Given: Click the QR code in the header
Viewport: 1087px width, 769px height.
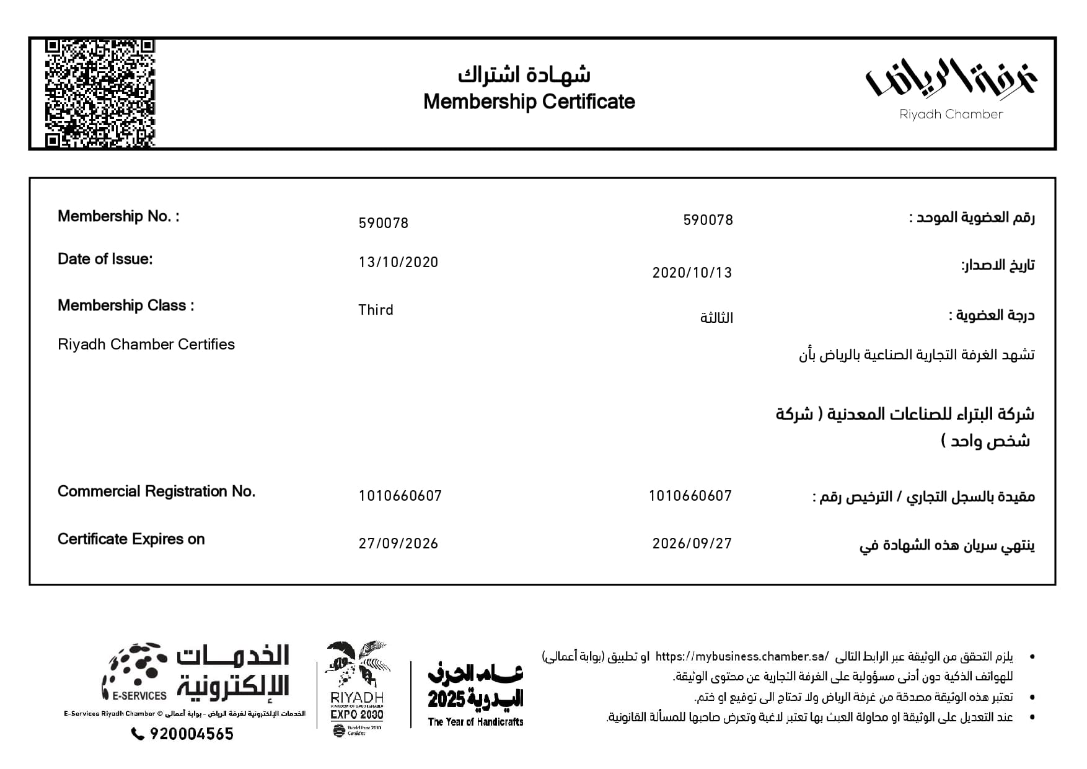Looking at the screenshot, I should (100, 93).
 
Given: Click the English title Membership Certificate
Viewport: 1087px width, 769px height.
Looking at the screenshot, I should (529, 102).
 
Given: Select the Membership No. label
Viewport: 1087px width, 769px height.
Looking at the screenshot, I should (118, 216).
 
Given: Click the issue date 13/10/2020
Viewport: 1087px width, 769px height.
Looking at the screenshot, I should (398, 262).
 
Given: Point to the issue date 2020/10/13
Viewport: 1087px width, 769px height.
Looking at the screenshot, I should (692, 273).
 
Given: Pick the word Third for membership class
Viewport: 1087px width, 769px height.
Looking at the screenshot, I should (376, 310).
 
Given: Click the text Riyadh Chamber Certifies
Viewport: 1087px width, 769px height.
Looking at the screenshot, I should (146, 345).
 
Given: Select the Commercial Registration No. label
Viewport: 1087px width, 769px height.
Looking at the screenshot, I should (156, 491).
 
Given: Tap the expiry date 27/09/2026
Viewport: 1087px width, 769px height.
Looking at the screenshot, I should (398, 543).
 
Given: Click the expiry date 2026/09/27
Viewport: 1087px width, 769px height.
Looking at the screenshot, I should (692, 543).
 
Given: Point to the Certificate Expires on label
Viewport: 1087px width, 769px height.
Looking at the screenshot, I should (131, 539).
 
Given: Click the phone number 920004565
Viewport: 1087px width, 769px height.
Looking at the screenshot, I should (191, 734).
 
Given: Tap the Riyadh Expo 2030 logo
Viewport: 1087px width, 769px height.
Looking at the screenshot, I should (357, 688).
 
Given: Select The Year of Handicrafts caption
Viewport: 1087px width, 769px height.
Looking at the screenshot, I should (475, 722).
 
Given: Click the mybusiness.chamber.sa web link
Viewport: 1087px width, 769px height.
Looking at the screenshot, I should (742, 656).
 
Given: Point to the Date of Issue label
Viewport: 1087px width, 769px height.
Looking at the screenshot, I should (105, 259).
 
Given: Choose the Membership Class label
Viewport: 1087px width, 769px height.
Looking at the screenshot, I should (125, 305).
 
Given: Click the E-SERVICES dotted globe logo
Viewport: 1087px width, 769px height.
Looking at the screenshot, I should (135, 671).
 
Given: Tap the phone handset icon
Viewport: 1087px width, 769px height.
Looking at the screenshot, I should (138, 734).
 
